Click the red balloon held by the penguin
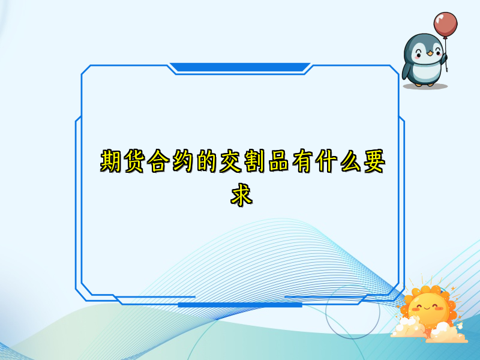pos(445,24)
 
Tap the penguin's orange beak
pos(430,53)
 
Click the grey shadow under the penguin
pos(425,86)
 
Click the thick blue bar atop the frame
pos(240,67)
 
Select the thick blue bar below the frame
pos(240,305)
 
